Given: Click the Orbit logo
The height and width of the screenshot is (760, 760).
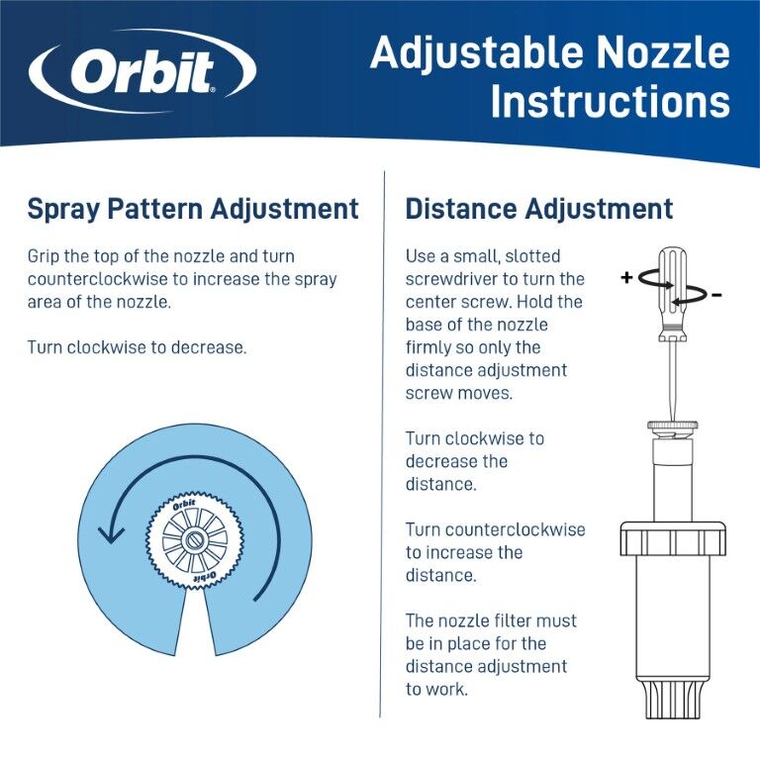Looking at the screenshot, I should tap(142, 71).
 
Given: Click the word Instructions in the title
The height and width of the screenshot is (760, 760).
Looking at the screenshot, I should tap(610, 101).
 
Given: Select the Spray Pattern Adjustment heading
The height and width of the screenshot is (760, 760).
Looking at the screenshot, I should tap(193, 209).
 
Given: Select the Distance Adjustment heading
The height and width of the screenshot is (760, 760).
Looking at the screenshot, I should tap(539, 209).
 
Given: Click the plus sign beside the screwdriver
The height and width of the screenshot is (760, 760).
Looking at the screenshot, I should tap(626, 278).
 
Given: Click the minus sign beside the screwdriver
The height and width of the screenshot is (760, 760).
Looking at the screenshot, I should tap(715, 294).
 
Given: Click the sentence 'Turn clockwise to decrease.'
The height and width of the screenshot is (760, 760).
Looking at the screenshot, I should tap(137, 347).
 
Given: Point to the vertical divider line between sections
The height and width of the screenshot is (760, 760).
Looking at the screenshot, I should tap(383, 445).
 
